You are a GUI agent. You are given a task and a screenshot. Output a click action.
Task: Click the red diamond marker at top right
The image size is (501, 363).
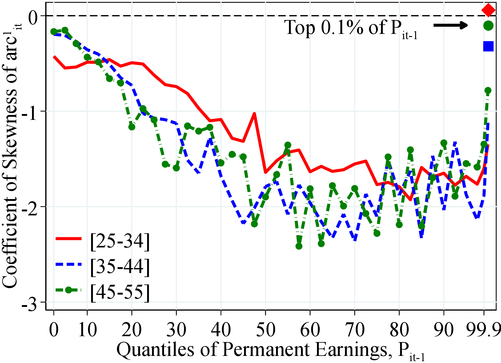point(488,10)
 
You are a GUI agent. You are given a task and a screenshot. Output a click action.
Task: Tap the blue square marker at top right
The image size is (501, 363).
point(488,46)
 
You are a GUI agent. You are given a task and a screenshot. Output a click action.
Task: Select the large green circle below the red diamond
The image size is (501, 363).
point(488,26)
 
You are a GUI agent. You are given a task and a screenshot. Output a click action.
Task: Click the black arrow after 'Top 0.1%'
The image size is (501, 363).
point(451,25)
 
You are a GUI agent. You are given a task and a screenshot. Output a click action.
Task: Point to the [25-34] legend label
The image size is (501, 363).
point(120,241)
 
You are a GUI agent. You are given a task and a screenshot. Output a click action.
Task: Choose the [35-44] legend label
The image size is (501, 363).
point(120,266)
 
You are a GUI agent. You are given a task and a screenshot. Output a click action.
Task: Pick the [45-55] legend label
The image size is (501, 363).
point(120,291)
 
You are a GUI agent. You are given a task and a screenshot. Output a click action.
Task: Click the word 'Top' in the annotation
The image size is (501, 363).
point(300,27)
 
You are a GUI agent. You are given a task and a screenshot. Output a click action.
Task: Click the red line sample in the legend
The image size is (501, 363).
point(68,239)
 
